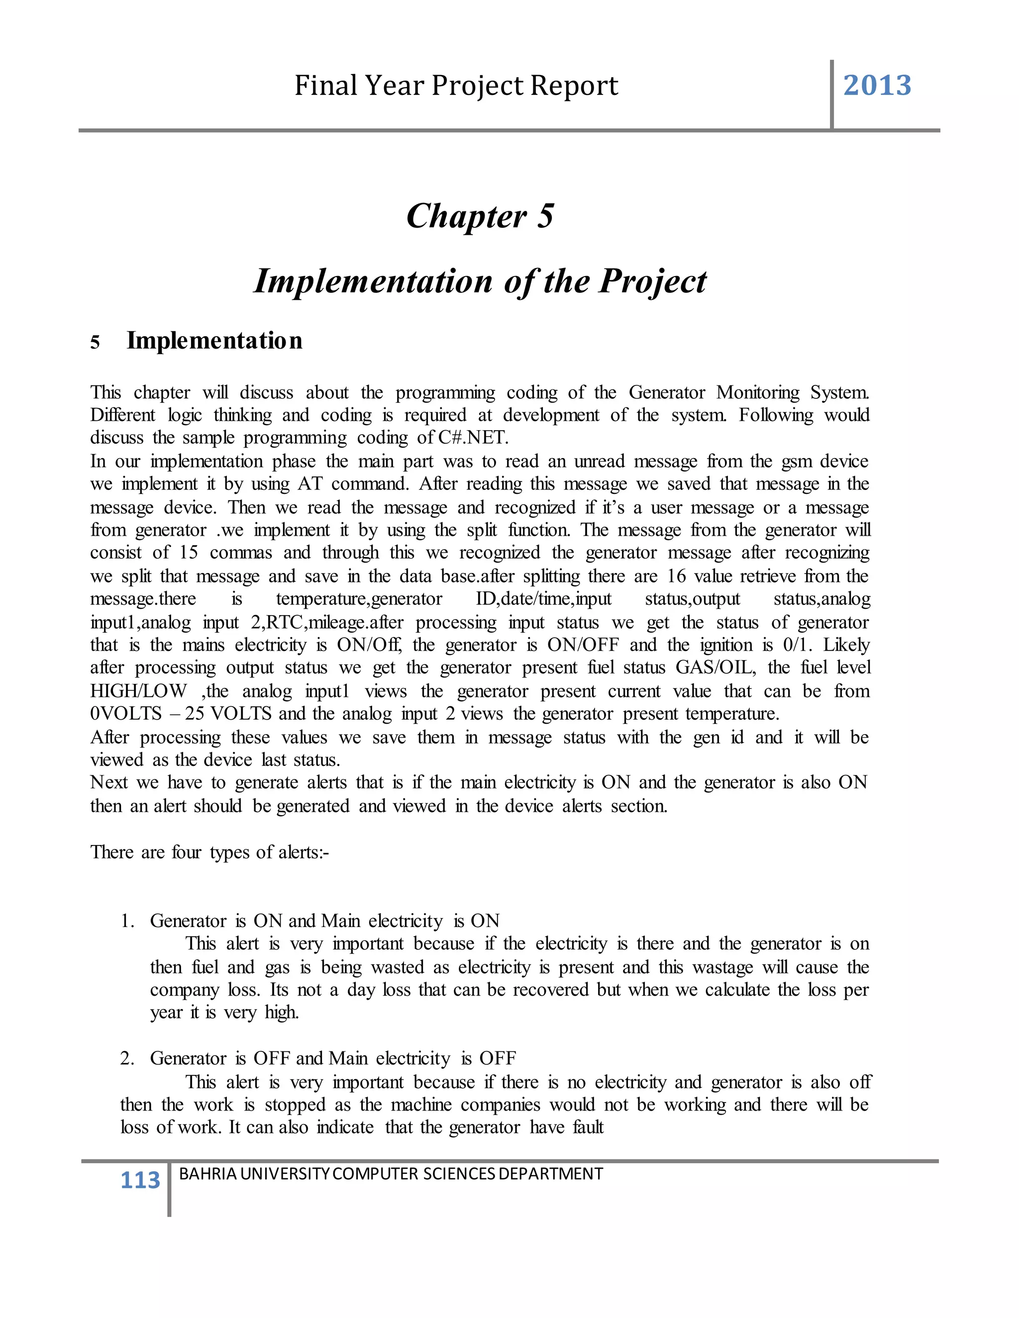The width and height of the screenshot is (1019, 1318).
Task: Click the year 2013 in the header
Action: point(877,86)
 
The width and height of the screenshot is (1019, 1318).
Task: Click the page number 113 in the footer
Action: point(140,1180)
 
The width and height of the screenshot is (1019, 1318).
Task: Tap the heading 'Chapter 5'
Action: point(480,216)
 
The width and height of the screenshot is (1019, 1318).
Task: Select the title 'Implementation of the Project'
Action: point(480,281)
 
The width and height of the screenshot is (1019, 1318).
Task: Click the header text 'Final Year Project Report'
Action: point(456,86)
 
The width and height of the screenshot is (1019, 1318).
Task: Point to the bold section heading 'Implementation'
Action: point(214,341)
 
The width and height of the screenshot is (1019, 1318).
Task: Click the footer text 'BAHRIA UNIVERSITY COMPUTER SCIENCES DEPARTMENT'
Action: point(391,1174)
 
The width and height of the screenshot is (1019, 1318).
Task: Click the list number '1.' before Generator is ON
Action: point(127,921)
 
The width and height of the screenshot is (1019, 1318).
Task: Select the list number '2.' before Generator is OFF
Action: point(127,1058)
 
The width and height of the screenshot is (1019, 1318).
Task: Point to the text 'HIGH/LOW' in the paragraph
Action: point(138,691)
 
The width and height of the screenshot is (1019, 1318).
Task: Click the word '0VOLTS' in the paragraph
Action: point(125,714)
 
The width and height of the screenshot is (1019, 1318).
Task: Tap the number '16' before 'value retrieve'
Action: point(676,576)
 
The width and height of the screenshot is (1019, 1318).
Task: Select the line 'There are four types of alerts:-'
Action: point(209,852)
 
